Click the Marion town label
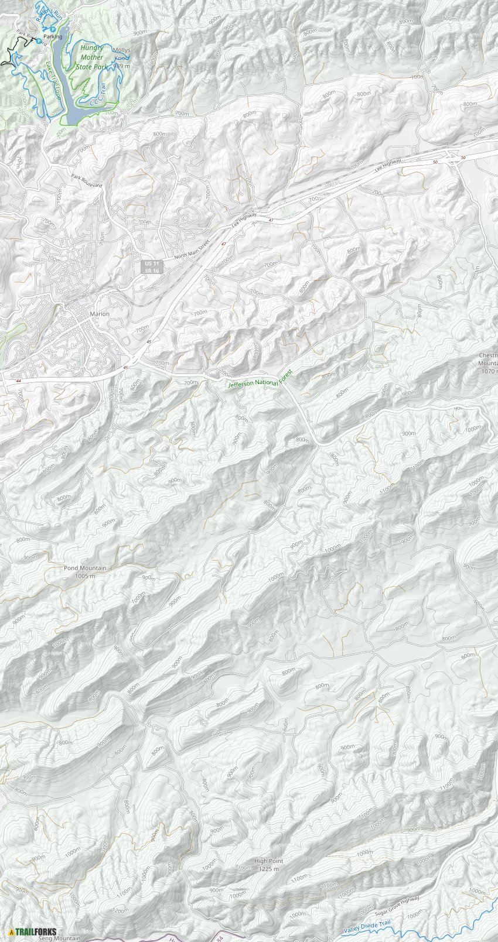(x=100, y=314)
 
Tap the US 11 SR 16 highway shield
(x=152, y=267)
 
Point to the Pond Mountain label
(x=85, y=568)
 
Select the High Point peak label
(x=269, y=861)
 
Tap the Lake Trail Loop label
(x=54, y=80)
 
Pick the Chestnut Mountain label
(x=488, y=363)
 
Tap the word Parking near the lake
(x=53, y=37)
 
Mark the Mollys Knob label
(x=121, y=54)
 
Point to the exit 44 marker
(x=20, y=381)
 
